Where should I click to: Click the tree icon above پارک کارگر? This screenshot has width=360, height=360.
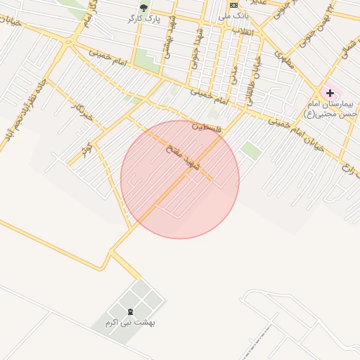click(144, 8)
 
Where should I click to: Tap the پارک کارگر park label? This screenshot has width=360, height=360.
click(145, 19)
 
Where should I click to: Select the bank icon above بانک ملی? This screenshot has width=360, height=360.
click(234, 5)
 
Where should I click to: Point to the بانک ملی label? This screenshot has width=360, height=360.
click(234, 15)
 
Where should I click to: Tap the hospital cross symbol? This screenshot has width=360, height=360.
click(330, 93)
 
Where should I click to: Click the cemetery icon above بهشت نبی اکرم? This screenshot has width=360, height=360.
click(130, 311)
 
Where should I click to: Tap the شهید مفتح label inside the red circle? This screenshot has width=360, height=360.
click(184, 157)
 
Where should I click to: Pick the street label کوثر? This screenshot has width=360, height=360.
click(86, 149)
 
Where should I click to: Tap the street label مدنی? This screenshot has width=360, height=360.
click(234, 73)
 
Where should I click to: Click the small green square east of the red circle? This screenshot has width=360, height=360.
click(250, 150)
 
